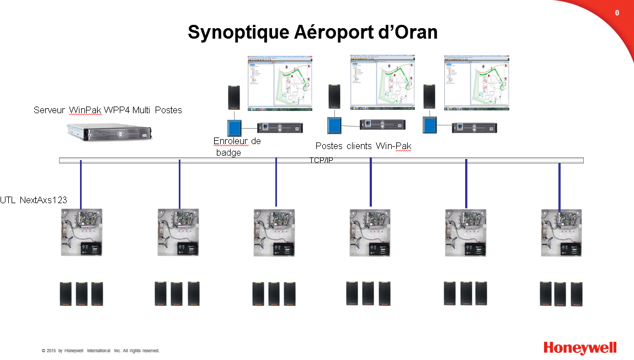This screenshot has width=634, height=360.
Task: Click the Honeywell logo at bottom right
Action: coord(580,348)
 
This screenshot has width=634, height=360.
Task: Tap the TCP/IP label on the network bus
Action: coord(321,161)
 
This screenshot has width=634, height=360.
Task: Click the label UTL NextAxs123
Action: coord(34,200)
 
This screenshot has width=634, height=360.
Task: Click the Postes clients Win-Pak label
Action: coord(363,146)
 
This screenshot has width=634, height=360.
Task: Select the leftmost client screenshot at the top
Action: coord(280,81)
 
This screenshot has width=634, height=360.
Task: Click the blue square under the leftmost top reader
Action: coord(235,128)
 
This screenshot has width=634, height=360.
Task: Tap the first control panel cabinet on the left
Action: coord(81,232)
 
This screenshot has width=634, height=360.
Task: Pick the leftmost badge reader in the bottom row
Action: coord(66,294)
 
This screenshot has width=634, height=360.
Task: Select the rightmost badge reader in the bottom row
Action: coord(577,294)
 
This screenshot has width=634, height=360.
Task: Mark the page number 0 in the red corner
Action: coord(617,13)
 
